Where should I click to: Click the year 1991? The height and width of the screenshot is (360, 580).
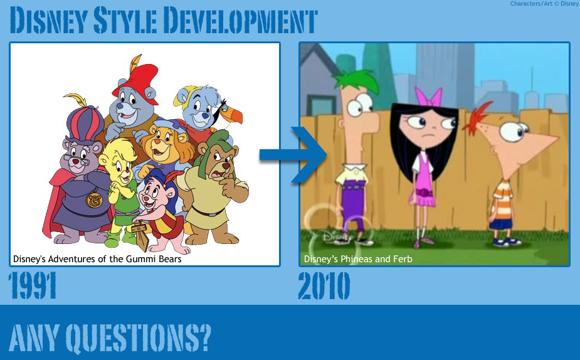pos(33,286)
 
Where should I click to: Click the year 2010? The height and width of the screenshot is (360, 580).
pos(324,286)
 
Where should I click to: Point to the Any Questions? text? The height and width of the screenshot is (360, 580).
pos(110,337)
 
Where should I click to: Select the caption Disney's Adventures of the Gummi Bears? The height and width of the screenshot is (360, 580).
pos(97,259)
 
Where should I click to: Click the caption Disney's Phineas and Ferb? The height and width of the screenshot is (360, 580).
pos(358,259)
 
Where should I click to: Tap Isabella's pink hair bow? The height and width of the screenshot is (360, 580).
pos(431,97)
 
